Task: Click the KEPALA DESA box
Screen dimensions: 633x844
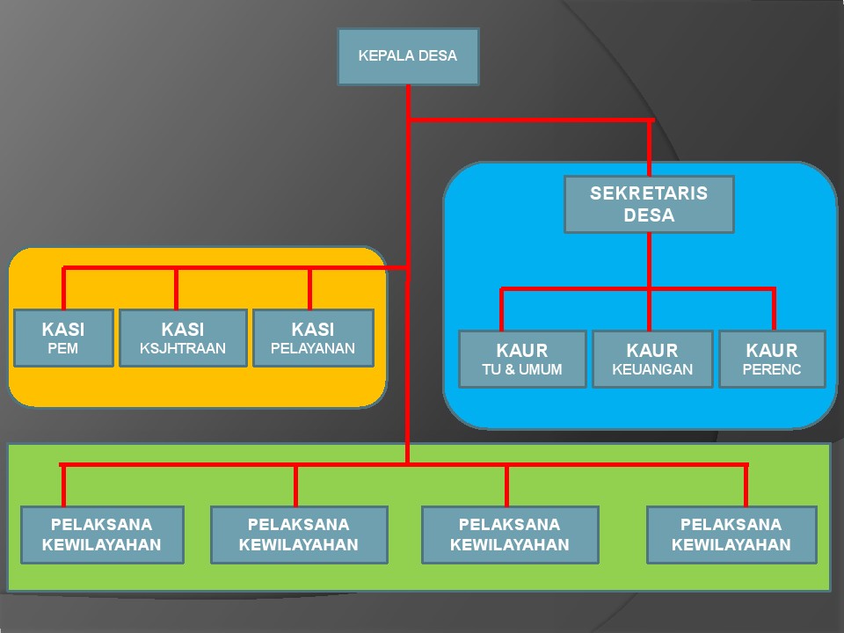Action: coord(408,56)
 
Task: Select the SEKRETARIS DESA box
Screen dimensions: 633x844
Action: coord(649,204)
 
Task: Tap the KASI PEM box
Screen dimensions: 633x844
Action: coord(63,338)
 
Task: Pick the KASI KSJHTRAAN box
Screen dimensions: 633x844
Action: coord(183,338)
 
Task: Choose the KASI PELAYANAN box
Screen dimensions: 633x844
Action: coord(313,338)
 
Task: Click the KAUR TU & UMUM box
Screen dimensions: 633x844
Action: coord(522,359)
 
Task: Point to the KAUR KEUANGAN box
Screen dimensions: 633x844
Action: coord(652,359)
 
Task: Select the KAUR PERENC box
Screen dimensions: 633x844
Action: coord(772,359)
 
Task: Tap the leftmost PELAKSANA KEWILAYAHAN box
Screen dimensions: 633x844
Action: coord(102,535)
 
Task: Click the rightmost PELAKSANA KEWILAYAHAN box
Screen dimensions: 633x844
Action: coord(731,535)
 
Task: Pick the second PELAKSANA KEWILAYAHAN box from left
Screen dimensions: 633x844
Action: coord(299,535)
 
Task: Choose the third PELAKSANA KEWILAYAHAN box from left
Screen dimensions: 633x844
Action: coord(510,535)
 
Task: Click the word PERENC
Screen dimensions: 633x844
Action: coord(772,370)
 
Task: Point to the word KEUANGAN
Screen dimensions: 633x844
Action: coord(652,370)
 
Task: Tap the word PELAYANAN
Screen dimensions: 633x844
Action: coord(313,348)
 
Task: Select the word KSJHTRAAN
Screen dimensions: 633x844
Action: coord(183,348)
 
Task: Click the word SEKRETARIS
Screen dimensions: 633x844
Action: coord(649,193)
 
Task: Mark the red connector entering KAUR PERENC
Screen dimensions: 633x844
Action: coord(774,309)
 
